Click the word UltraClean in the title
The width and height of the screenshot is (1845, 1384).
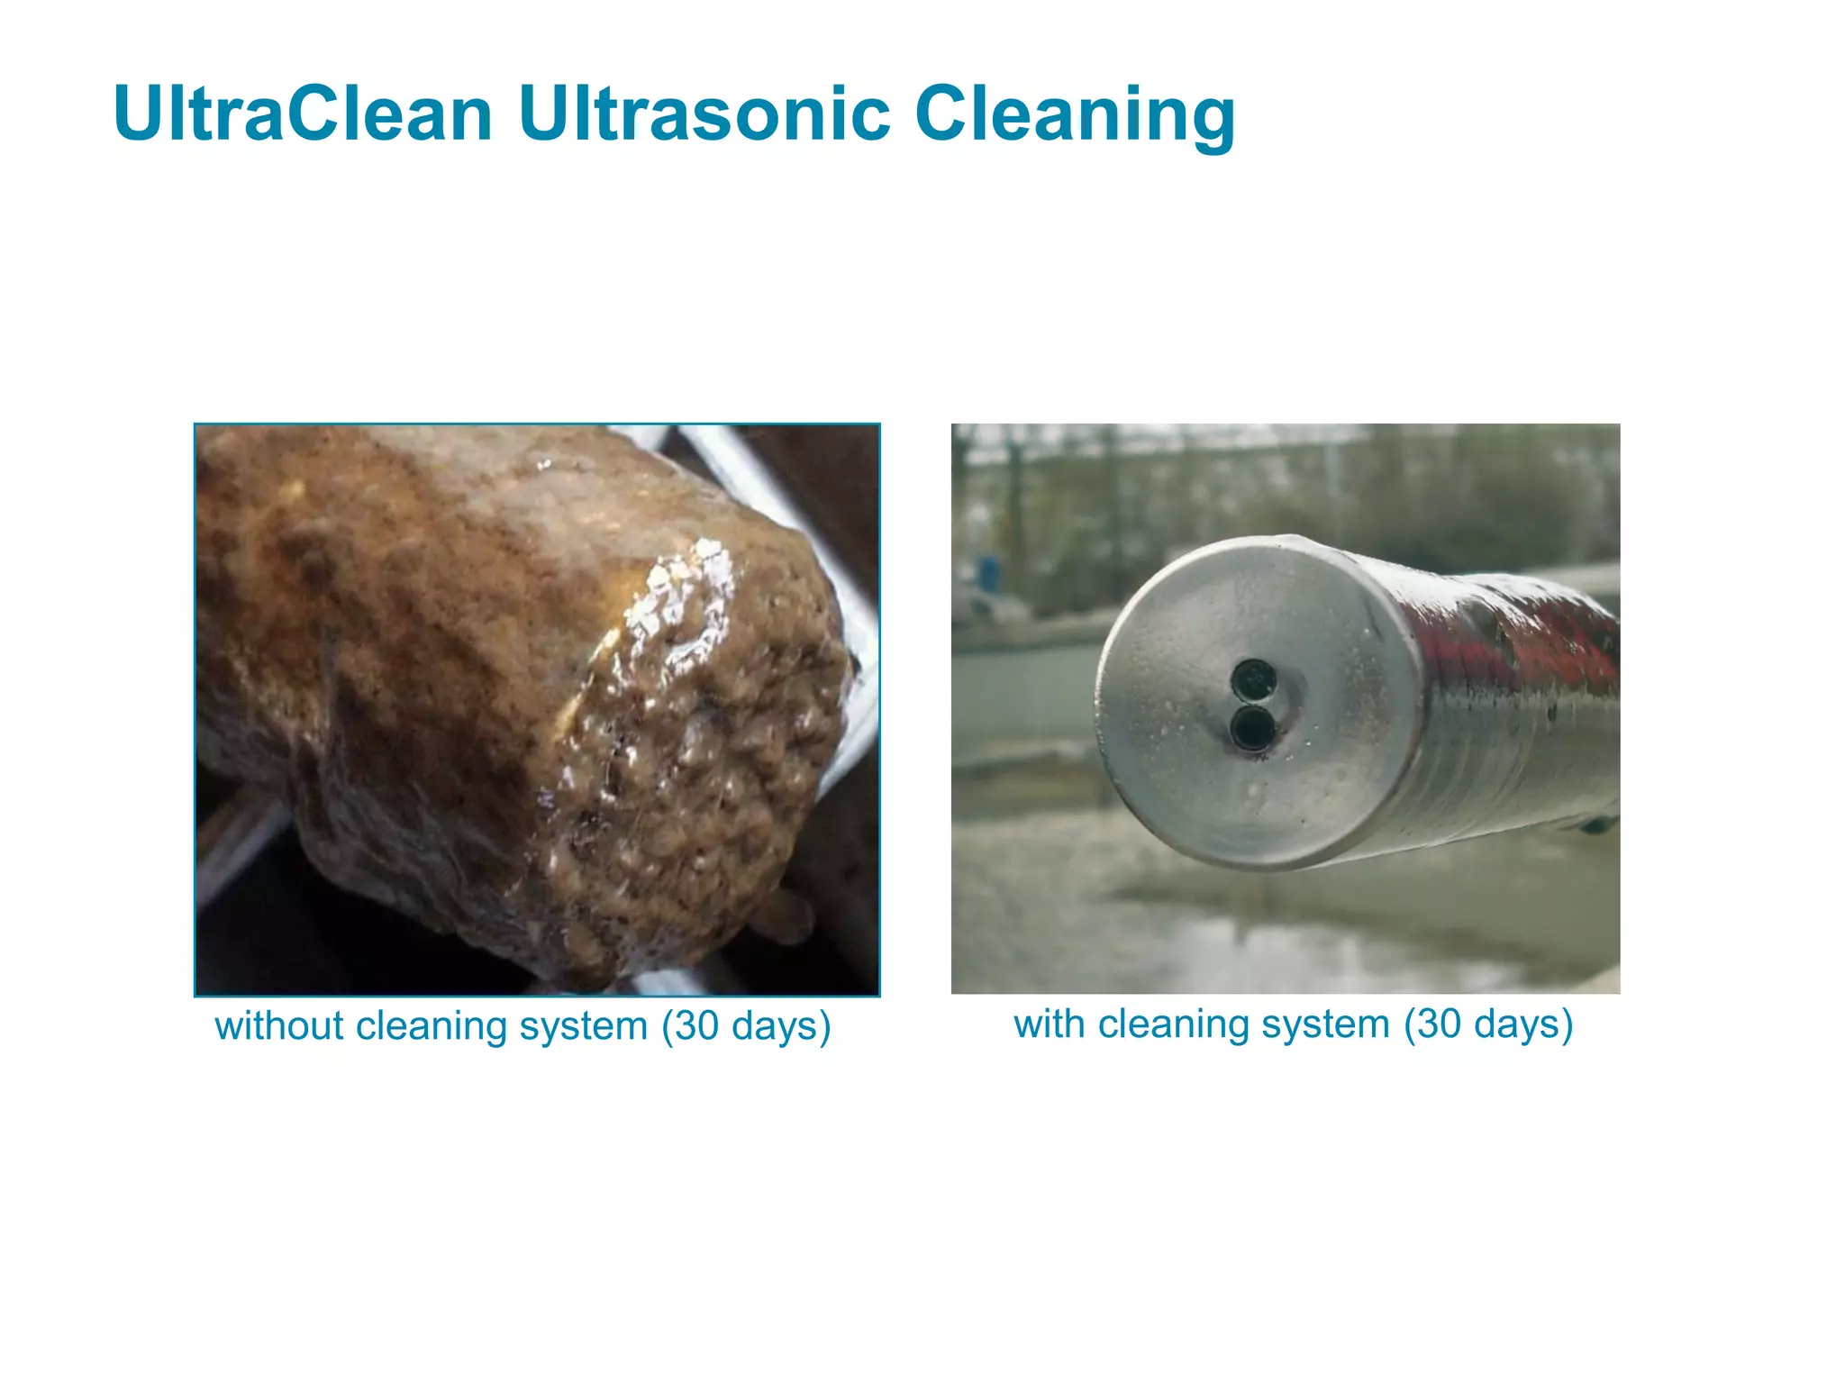point(302,114)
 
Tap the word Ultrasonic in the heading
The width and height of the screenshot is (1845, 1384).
point(704,114)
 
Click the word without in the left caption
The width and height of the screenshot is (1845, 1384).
point(279,1026)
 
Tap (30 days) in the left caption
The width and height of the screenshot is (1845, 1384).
point(746,1026)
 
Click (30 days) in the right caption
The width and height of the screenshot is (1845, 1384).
point(1488,1024)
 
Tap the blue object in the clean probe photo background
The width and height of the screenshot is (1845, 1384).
point(989,571)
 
